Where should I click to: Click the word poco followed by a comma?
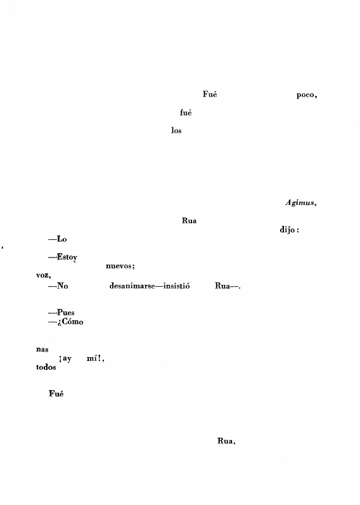[x=307, y=95]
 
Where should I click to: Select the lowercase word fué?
[x=186, y=112]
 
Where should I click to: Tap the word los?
[x=176, y=131]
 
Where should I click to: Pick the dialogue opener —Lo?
[x=57, y=239]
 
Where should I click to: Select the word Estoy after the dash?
[x=67, y=257]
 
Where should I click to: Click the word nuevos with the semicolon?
[x=120, y=266]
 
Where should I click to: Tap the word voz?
[x=44, y=275]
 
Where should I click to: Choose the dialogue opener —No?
[x=58, y=285]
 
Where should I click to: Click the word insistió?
[x=176, y=285]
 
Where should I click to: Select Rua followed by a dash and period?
[x=228, y=286]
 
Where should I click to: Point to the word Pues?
[x=66, y=312]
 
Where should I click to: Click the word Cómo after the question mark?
[x=72, y=322]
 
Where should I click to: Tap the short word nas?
[x=42, y=350]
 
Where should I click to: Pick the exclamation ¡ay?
[x=65, y=358]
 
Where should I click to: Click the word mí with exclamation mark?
[x=96, y=358]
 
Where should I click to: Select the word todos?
[x=46, y=367]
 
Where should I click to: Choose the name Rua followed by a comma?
[x=226, y=441]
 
